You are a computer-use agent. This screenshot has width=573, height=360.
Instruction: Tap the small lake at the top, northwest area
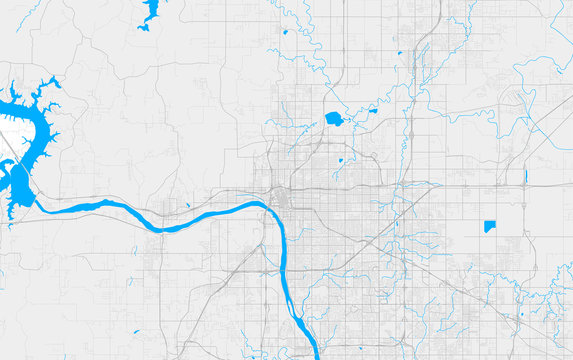point(151,13)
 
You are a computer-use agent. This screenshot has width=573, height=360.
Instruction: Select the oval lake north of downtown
point(334,119)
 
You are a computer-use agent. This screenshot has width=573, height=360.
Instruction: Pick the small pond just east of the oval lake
point(371,111)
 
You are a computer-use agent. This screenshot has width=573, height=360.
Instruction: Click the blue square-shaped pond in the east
point(489,226)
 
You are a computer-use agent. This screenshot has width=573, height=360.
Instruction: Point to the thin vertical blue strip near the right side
point(525,176)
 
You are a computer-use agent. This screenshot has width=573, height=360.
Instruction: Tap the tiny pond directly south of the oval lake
point(340,160)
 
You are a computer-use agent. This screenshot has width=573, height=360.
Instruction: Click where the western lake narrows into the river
point(38,205)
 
